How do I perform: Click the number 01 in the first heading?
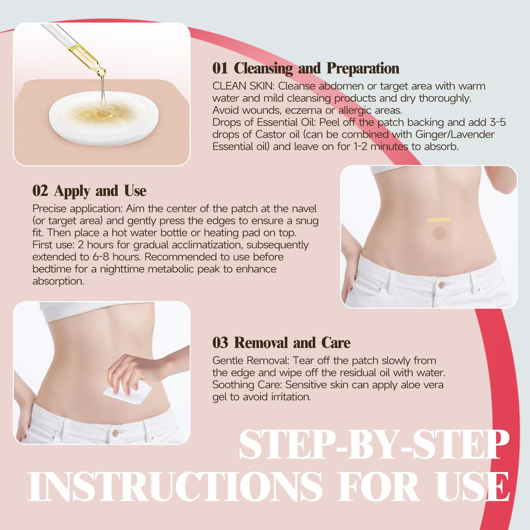point(219,68)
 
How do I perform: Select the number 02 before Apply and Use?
point(40,190)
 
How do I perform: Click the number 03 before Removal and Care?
point(220,343)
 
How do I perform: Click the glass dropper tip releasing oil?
point(101,71)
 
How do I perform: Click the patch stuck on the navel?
point(439,232)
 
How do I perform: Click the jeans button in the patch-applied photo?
point(441,285)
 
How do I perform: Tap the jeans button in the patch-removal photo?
point(115,433)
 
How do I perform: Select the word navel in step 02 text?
point(304,209)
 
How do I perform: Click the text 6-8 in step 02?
point(101,257)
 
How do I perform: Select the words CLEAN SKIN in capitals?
point(243,86)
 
